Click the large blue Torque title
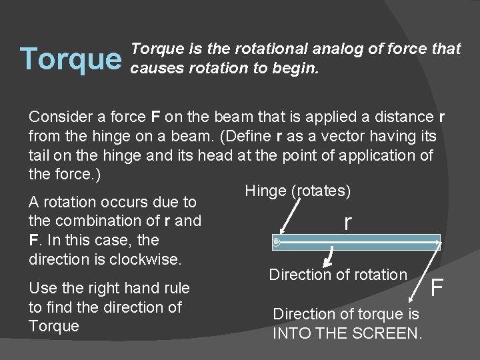click(x=71, y=59)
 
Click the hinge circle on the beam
click(x=277, y=243)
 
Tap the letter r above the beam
click(x=347, y=222)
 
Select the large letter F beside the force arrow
click(x=437, y=288)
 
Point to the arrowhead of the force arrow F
click(x=439, y=247)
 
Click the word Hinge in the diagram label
click(x=265, y=191)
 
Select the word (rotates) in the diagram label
click(x=321, y=191)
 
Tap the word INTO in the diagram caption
click(x=289, y=333)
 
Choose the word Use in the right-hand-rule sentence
click(x=41, y=288)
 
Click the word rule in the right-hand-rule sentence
click(x=176, y=288)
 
